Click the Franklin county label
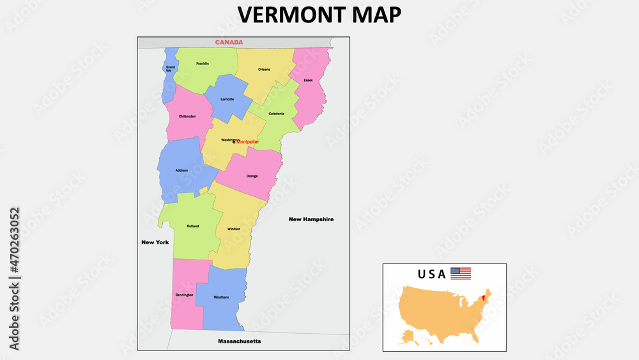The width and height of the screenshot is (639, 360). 203,63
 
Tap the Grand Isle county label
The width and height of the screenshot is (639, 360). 171,68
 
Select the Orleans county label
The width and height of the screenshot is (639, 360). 264,69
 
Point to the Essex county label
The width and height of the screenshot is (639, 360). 308,80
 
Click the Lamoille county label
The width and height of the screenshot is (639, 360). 227,99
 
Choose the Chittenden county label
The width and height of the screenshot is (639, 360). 187,116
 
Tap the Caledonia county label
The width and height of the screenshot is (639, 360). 276,114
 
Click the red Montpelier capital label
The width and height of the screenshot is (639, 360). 247,141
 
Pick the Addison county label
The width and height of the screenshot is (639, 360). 181,170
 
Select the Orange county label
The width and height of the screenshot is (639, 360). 252,176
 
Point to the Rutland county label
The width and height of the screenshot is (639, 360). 192,226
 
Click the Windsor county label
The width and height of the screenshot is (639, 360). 233,228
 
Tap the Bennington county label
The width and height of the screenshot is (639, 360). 184,295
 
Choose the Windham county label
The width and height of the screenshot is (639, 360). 220,297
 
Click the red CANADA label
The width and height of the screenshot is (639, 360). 229,42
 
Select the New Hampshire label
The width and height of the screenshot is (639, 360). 311,219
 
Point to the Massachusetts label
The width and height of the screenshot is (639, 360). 239,341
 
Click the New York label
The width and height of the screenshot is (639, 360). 155,242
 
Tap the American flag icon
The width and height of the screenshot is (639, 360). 460,274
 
